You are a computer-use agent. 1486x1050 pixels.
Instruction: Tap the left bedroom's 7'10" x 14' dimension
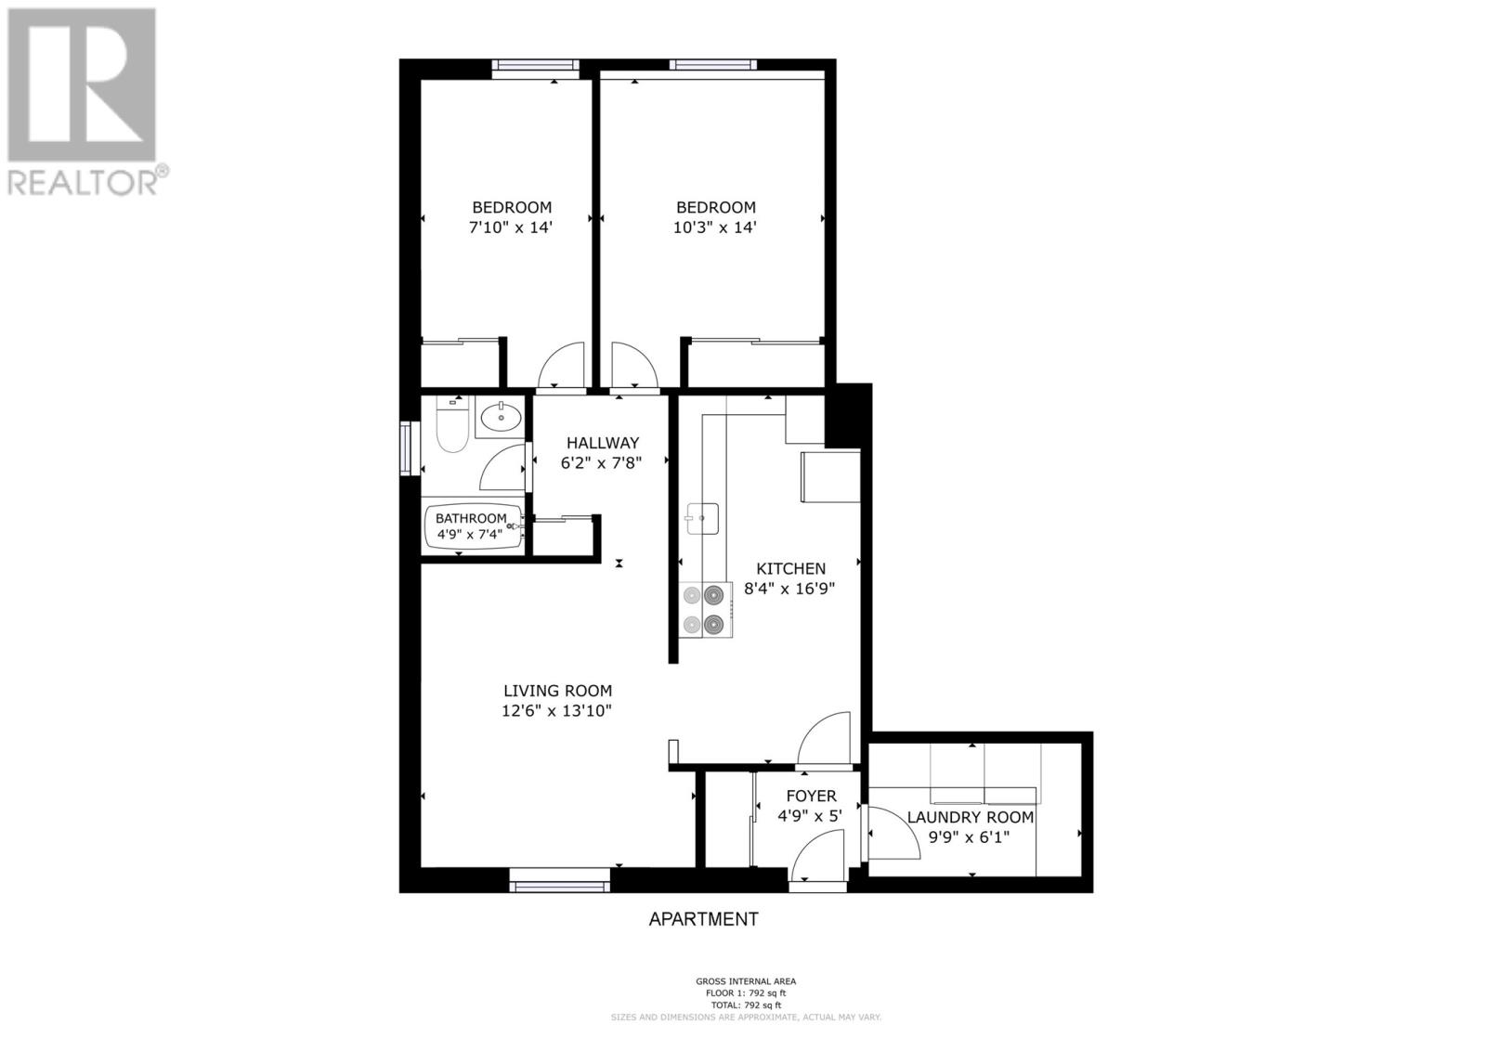(x=511, y=227)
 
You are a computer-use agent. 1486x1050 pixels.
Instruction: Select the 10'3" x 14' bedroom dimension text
(x=715, y=227)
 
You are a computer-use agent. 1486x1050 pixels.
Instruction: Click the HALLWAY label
(x=603, y=443)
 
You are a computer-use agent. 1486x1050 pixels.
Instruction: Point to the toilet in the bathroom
(x=451, y=428)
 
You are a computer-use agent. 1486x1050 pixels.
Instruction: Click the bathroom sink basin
(x=502, y=417)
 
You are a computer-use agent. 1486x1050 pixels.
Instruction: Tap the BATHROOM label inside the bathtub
(x=471, y=518)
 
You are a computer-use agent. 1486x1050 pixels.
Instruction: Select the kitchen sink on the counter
(x=703, y=518)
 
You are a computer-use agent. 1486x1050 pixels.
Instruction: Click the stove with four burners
(x=705, y=609)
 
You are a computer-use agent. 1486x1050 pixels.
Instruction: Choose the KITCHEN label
(x=790, y=568)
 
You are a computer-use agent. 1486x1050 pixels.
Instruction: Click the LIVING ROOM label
(x=557, y=691)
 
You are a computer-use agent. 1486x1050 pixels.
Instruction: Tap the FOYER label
(x=811, y=796)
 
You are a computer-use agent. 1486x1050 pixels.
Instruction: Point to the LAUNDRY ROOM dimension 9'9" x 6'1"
(x=970, y=836)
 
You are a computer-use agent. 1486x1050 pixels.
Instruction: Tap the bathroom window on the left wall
(x=406, y=448)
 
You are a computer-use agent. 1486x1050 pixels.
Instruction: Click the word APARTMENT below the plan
(x=703, y=919)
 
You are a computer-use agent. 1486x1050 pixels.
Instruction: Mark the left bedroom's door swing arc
(x=561, y=364)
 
